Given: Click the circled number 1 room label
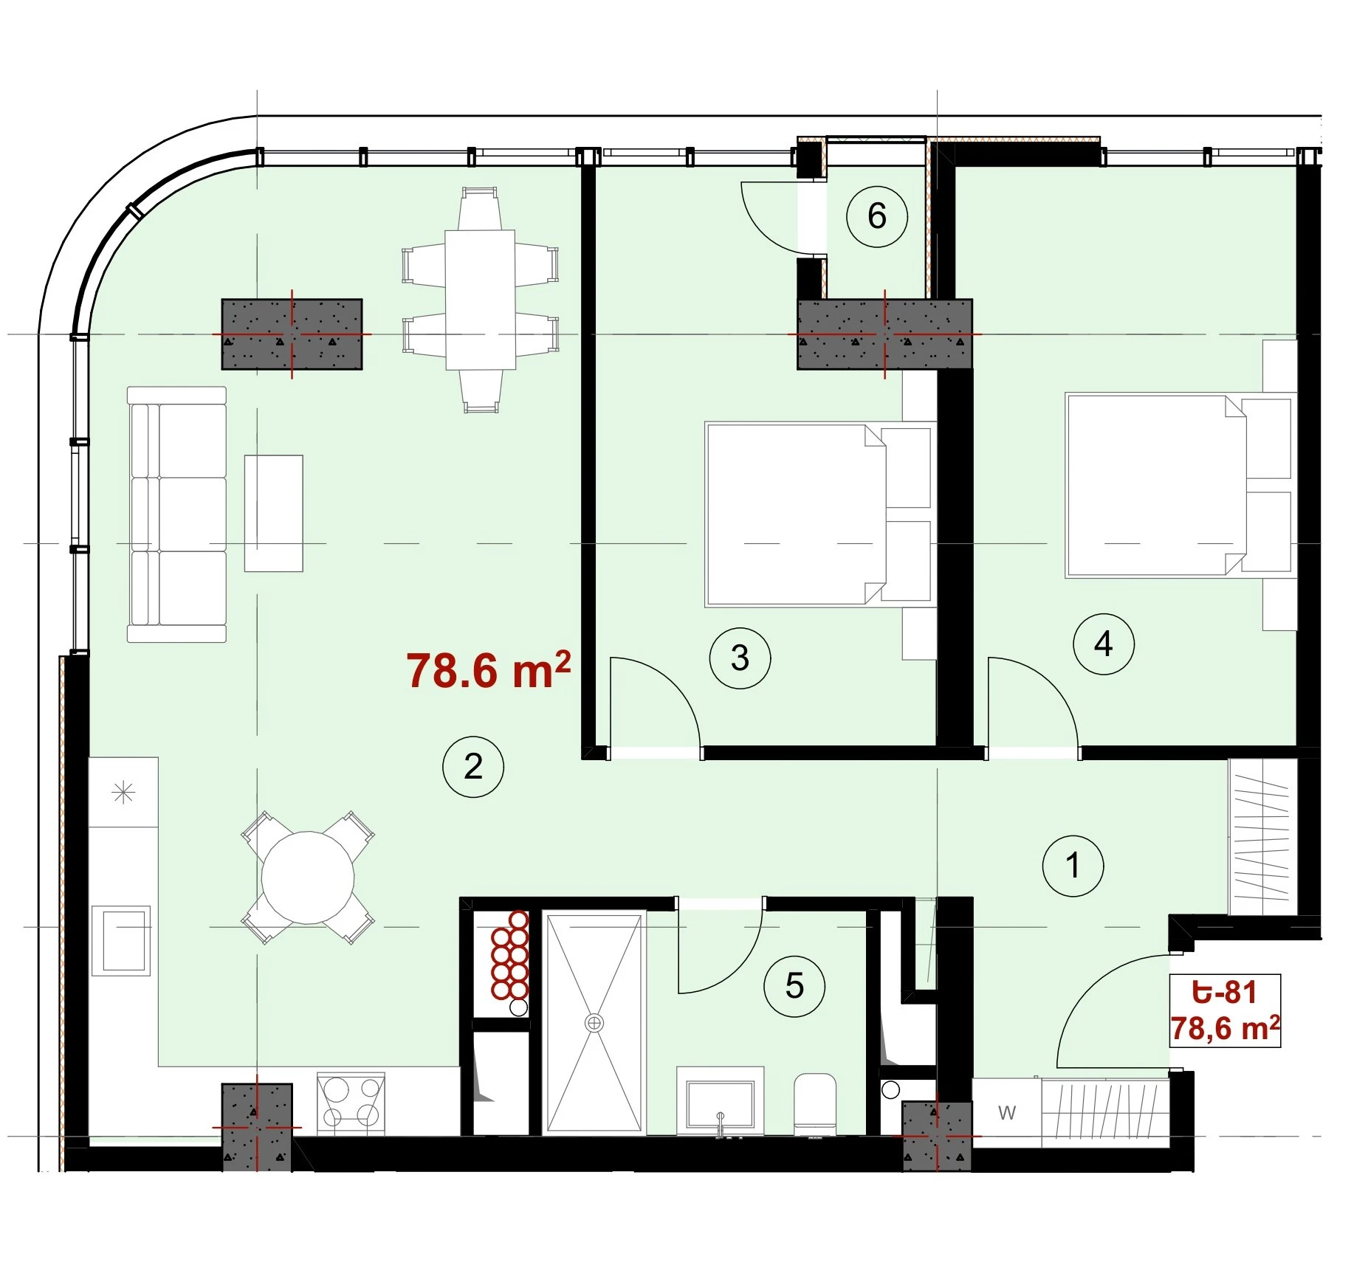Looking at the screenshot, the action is [1073, 866].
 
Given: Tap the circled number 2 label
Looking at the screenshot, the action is [473, 767].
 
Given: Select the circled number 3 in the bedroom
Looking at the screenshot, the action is [740, 658].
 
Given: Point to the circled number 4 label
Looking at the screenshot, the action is [1104, 644].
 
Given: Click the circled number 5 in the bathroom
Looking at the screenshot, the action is [794, 986].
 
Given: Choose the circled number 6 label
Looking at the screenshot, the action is [877, 216].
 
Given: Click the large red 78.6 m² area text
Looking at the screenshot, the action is [488, 670].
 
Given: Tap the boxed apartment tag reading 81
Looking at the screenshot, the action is [1226, 1010].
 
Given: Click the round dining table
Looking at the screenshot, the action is [308, 877].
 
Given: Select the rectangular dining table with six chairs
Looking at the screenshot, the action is [480, 300].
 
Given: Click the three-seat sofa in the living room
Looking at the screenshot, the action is [177, 514].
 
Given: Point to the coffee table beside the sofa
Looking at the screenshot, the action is [274, 513].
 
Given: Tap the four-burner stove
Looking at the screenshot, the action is [351, 1103].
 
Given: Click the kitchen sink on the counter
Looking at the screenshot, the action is [121, 941].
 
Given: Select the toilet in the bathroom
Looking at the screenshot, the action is [815, 1105].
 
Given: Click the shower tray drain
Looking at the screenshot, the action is [594, 1023].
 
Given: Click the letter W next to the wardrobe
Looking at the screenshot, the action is [1007, 1112].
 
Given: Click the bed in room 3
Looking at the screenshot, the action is [818, 514].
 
